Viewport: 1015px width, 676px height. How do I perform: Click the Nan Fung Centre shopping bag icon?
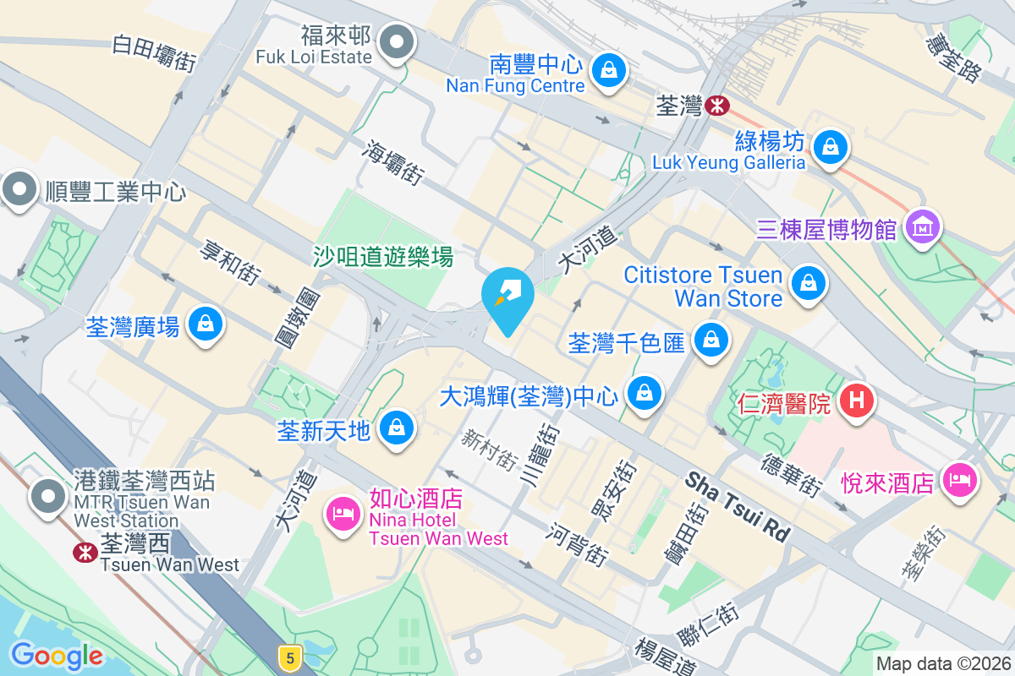[608, 71]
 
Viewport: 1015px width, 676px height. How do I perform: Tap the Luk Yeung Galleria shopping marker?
[831, 148]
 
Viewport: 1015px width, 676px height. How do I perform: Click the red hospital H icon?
[856, 400]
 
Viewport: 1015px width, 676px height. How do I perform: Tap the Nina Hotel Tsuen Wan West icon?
[343, 514]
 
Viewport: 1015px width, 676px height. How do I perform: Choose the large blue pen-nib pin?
[507, 296]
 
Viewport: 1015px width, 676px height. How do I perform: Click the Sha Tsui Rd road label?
[737, 507]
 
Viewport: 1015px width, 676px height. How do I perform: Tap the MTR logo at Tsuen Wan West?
[84, 552]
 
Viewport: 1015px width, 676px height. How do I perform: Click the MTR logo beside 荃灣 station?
[716, 106]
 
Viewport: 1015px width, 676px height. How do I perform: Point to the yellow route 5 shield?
[290, 657]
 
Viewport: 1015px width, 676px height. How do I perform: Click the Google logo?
[57, 655]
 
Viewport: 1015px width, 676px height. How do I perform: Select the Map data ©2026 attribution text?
[942, 664]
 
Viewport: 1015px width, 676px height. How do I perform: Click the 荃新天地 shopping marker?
[395, 428]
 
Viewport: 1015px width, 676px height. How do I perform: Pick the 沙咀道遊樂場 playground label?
[383, 256]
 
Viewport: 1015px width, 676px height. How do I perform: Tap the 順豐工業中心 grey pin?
[19, 189]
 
